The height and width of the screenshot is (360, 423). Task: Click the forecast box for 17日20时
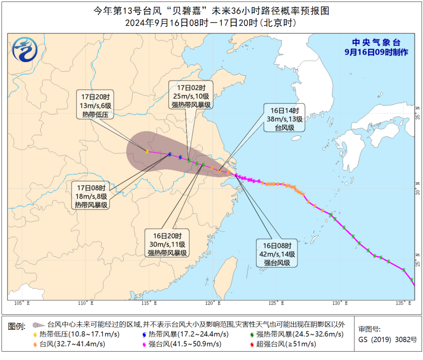[95, 105]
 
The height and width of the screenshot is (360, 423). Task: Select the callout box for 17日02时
[191, 95]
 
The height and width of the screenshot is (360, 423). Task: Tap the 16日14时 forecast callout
[284, 118]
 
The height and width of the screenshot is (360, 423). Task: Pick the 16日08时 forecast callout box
[276, 253]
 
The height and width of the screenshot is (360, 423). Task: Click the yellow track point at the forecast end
[147, 151]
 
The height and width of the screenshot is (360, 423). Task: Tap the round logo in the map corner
[26, 50]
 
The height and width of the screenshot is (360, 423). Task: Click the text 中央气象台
[376, 43]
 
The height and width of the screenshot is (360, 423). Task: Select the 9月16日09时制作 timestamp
[376, 52]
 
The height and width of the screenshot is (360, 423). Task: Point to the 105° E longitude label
[22, 303]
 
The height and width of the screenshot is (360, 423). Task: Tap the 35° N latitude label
[418, 113]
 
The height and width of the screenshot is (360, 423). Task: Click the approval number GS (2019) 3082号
[388, 339]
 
